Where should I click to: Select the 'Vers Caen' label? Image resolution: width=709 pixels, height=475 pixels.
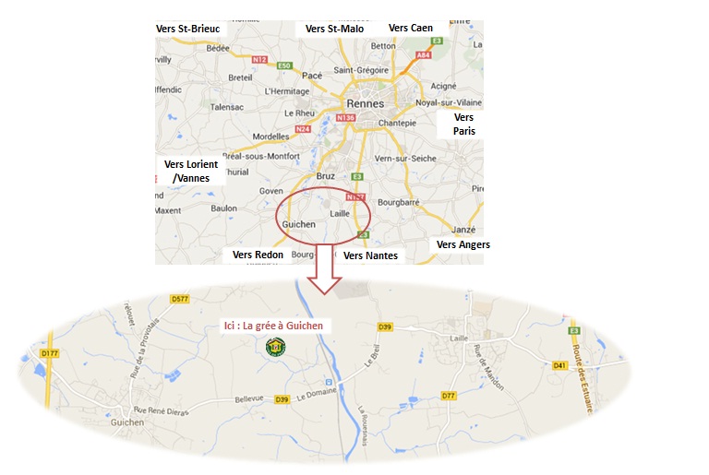tap(411, 28)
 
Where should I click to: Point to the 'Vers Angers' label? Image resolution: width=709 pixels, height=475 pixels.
tap(463, 244)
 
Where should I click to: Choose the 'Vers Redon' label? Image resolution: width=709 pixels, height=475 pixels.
tap(258, 255)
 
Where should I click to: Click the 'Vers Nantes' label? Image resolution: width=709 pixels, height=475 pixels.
tap(369, 255)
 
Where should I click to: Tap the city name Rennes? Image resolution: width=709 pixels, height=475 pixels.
tap(365, 103)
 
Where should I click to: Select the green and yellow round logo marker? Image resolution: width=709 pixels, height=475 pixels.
tap(275, 347)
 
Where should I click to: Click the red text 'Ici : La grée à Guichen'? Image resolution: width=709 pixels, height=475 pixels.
tap(277, 326)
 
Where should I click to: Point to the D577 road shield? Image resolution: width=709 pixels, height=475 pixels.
tap(180, 299)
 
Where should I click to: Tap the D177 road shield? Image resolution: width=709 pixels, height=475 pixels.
tap(50, 352)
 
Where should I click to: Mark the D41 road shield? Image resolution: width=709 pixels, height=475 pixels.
tap(559, 365)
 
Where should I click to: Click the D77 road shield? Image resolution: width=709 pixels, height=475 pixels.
tap(449, 395)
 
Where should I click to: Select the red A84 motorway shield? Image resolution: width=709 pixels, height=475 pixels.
tap(424, 55)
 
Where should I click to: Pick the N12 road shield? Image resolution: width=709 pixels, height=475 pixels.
tap(259, 60)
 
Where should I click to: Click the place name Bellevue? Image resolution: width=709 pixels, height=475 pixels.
tap(247, 398)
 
